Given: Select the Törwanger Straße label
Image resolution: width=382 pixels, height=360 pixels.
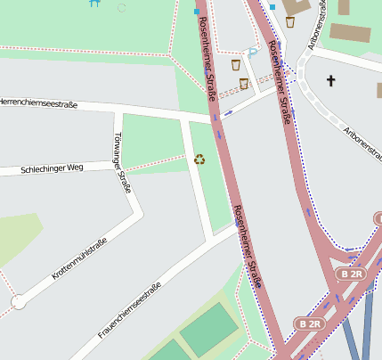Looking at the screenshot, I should pos(123,163).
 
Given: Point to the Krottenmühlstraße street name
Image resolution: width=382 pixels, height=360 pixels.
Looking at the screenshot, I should pos(80,259).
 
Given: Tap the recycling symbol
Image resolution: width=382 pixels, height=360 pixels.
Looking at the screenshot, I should pos(199,160).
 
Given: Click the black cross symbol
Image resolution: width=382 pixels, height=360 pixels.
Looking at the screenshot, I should pos(331,81).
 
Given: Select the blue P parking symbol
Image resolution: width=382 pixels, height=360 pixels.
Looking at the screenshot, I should pos(253,53).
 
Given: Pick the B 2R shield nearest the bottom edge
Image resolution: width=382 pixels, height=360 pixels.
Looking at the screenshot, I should pos(308,323).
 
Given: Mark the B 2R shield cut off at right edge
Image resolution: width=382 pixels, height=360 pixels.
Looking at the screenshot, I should pos(377,218).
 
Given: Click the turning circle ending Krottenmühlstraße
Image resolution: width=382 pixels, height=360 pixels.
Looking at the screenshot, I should pos(18,303).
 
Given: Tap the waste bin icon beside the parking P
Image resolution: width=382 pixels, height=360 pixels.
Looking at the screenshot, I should pos(236,65).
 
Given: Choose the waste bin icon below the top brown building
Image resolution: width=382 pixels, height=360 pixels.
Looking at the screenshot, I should pos(290,22).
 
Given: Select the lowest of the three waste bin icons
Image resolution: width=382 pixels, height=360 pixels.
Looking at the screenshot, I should pos(243,84).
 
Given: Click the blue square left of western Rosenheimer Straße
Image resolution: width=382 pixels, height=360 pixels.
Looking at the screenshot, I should pos(197,11).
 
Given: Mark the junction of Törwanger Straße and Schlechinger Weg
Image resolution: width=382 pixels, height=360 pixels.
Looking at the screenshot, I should pos(125,167).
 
